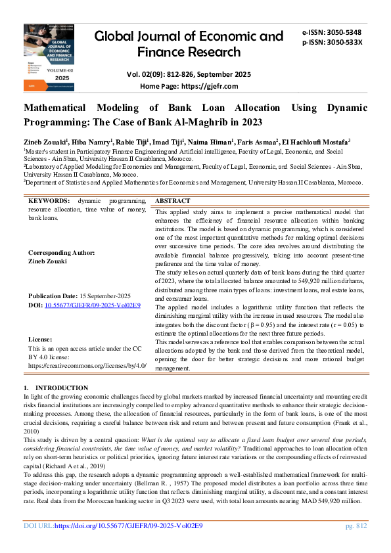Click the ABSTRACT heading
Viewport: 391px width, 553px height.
pos(173,200)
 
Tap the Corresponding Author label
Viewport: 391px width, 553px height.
pos(62,253)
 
